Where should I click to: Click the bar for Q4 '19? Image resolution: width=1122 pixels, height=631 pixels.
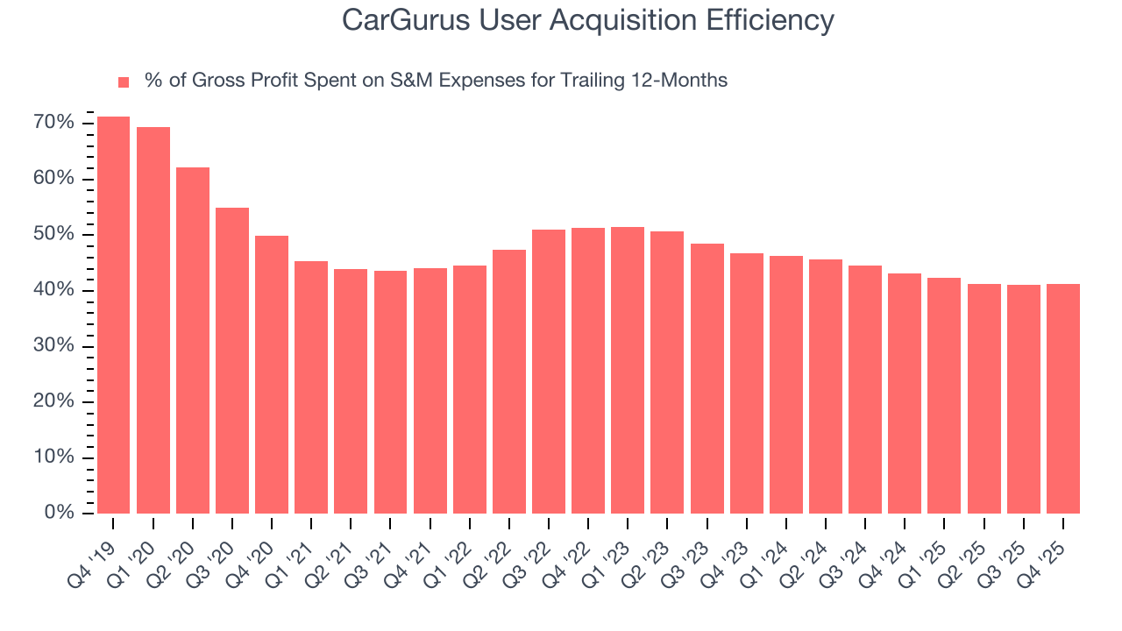tap(113, 315)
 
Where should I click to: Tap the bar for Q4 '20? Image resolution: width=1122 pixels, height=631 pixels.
tap(272, 374)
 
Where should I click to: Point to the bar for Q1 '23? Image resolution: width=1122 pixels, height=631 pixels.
tap(628, 370)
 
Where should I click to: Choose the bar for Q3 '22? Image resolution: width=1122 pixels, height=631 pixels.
tap(549, 372)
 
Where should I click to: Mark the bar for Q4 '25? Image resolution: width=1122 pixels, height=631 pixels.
tap(1063, 399)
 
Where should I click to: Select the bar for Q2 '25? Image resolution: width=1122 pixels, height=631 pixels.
tap(984, 399)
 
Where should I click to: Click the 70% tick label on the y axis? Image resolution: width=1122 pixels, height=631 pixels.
tap(54, 123)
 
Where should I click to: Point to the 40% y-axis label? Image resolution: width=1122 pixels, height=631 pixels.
tap(54, 290)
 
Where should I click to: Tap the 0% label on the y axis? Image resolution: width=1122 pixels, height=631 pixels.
tap(59, 514)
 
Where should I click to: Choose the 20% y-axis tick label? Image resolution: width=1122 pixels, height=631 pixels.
tap(54, 402)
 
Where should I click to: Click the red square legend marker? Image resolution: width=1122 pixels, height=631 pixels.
tap(124, 82)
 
